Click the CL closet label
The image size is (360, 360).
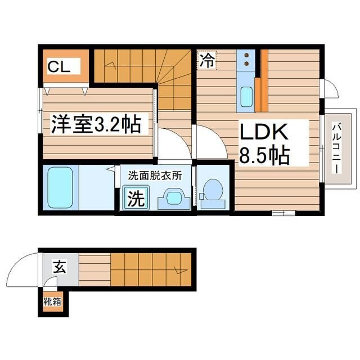coord(58,67)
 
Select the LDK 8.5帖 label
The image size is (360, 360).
coord(265,143)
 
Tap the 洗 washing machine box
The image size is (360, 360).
coord(135,198)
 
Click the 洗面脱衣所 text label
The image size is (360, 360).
coord(155,175)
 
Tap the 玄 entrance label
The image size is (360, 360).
coord(58,266)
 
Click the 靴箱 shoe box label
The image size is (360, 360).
coord(53,301)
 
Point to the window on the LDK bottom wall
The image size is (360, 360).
coord(282,213)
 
